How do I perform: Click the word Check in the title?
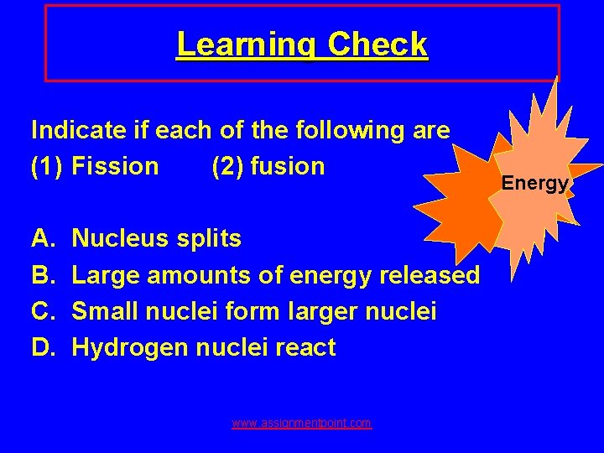(x=377, y=44)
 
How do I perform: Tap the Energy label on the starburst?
(x=535, y=183)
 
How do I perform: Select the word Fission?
(x=115, y=166)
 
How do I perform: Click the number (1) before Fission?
(x=48, y=166)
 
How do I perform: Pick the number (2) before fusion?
(x=228, y=166)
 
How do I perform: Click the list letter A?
(x=41, y=239)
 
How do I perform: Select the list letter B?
(x=41, y=275)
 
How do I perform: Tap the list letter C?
(x=41, y=311)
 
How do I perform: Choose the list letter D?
(x=41, y=347)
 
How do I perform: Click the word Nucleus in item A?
(x=121, y=239)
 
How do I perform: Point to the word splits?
(x=209, y=239)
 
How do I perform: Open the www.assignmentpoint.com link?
(x=302, y=424)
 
